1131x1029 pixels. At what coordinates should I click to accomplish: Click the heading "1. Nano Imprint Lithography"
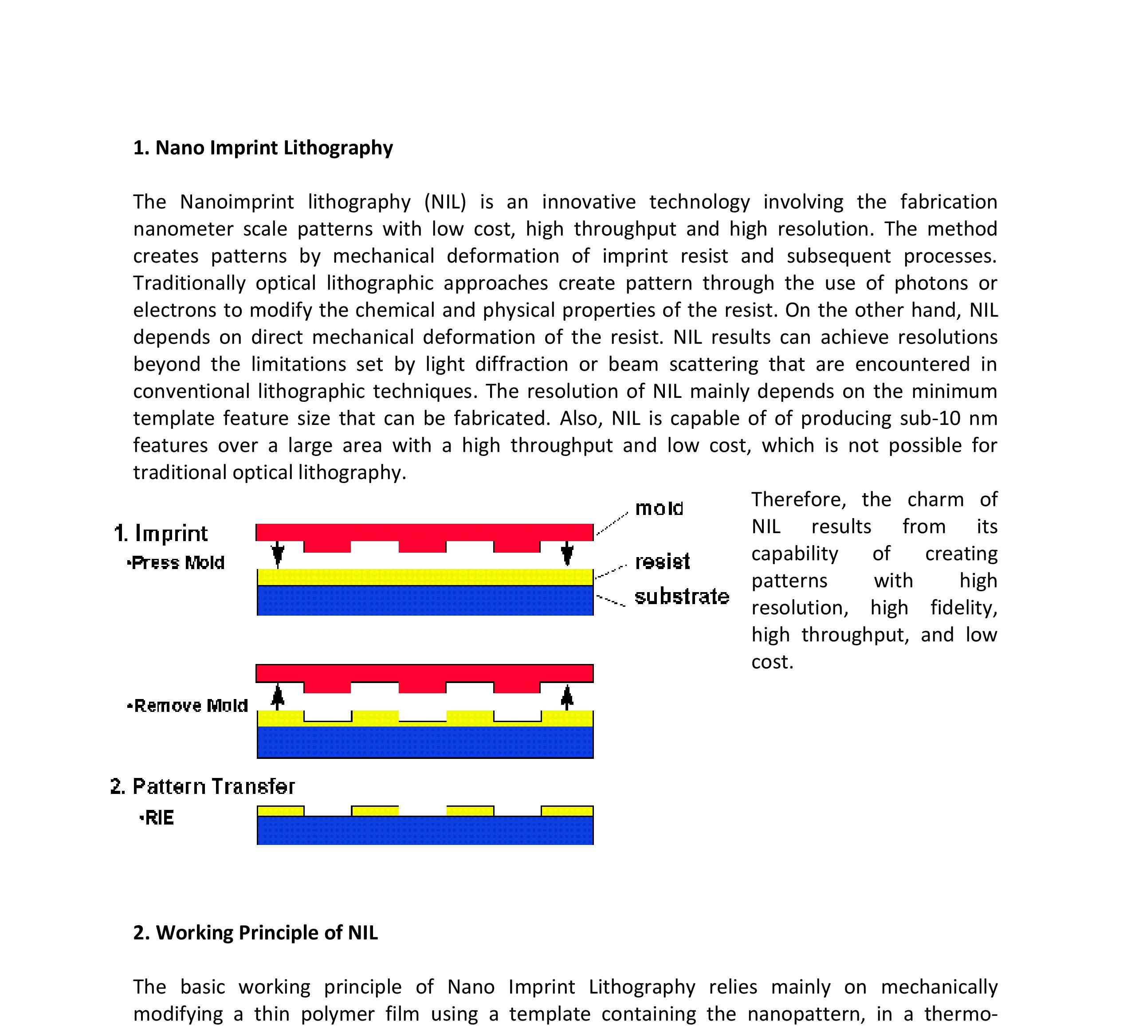[x=263, y=148]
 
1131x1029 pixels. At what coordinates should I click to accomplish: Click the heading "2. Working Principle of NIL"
[x=255, y=932]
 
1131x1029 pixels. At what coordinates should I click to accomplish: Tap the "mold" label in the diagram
[x=659, y=508]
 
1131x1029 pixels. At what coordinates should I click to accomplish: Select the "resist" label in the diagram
[x=662, y=562]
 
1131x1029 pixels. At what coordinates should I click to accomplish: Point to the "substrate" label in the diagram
[x=682, y=597]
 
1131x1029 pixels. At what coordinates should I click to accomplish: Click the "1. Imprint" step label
[x=161, y=534]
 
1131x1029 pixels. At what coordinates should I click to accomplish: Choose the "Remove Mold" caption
[x=188, y=706]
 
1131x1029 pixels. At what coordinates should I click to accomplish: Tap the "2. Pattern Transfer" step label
[x=203, y=787]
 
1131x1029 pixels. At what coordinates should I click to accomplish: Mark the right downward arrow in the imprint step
[x=567, y=554]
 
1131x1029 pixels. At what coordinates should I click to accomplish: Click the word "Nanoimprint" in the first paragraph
[x=237, y=202]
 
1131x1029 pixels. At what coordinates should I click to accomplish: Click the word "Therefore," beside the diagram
[x=798, y=500]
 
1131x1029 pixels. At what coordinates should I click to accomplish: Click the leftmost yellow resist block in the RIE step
[x=280, y=811]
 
